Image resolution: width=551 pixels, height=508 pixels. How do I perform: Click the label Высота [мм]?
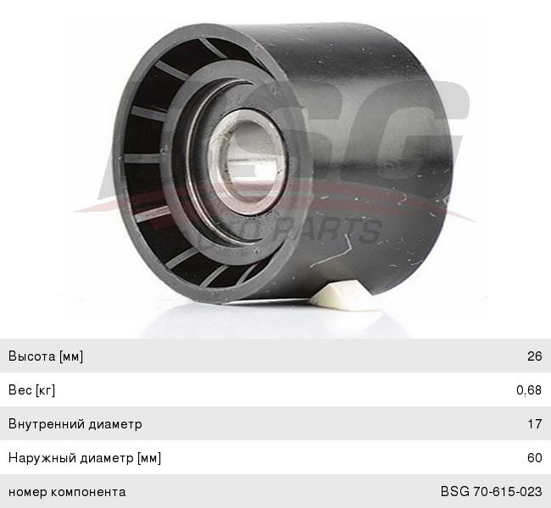tap(46, 356)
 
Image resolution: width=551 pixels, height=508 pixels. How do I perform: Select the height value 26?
tap(535, 356)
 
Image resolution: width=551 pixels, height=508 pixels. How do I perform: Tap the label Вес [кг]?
tap(31, 389)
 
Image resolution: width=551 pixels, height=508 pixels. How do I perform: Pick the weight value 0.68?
tap(529, 390)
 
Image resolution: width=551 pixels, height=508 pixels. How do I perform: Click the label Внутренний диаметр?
tap(75, 423)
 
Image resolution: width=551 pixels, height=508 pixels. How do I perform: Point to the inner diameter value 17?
tap(535, 423)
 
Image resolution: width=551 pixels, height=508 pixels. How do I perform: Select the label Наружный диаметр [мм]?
tap(85, 458)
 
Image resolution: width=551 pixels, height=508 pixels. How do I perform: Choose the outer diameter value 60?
tap(535, 457)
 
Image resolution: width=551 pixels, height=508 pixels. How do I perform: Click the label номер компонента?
tap(67, 492)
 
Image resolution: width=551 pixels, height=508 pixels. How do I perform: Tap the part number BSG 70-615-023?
tap(492, 492)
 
